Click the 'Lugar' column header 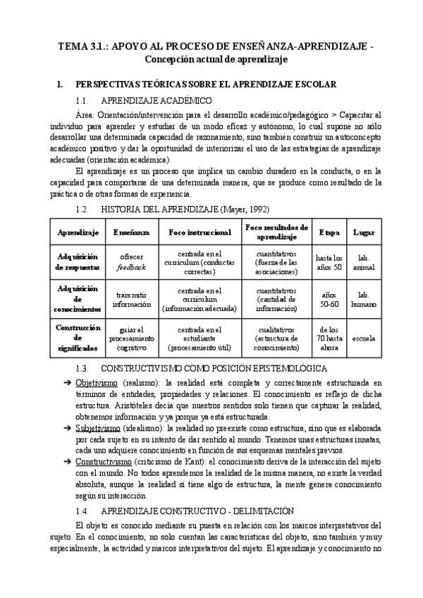pos(364,232)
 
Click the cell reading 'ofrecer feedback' pos(131,262)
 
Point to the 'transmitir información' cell pos(131,300)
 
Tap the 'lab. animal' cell pos(364,262)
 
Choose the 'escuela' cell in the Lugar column pos(364,336)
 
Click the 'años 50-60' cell pos(329,300)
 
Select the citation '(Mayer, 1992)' pos(245,209)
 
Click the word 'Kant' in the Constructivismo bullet pos(193,461)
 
